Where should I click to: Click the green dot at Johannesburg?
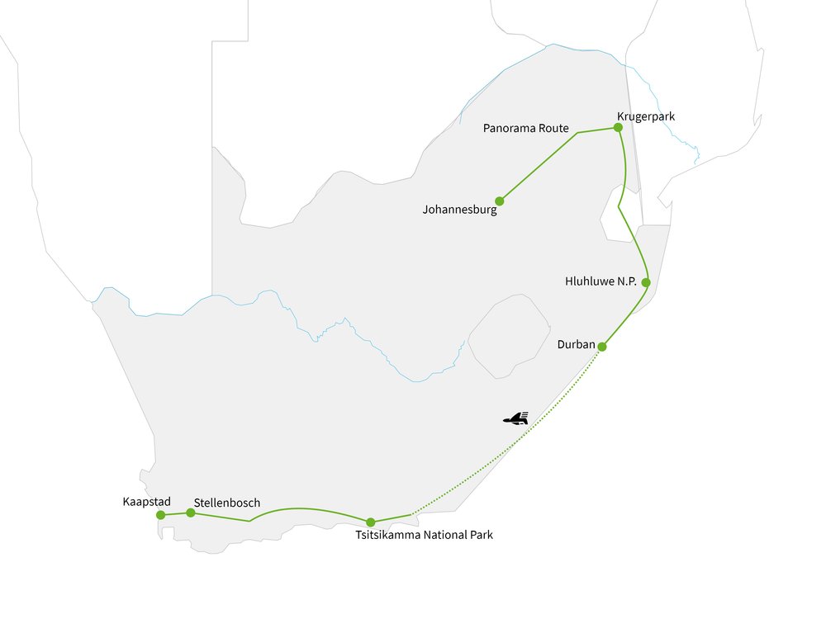point(500,201)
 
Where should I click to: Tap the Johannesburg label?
point(459,210)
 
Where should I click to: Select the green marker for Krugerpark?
point(618,127)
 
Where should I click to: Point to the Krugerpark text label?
point(645,116)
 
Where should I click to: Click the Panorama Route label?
point(525,128)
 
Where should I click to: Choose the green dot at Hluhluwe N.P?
point(646,282)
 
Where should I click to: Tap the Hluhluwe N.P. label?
point(601,282)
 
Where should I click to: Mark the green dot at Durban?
point(603,346)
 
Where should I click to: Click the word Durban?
point(577,344)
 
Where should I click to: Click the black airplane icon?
point(516,419)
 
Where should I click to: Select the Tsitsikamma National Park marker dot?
point(371,522)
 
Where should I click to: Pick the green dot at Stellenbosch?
point(191,513)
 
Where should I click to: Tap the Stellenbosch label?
point(227,503)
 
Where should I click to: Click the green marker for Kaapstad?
point(160,515)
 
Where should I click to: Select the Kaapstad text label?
point(145,502)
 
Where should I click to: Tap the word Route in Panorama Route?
point(551,128)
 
